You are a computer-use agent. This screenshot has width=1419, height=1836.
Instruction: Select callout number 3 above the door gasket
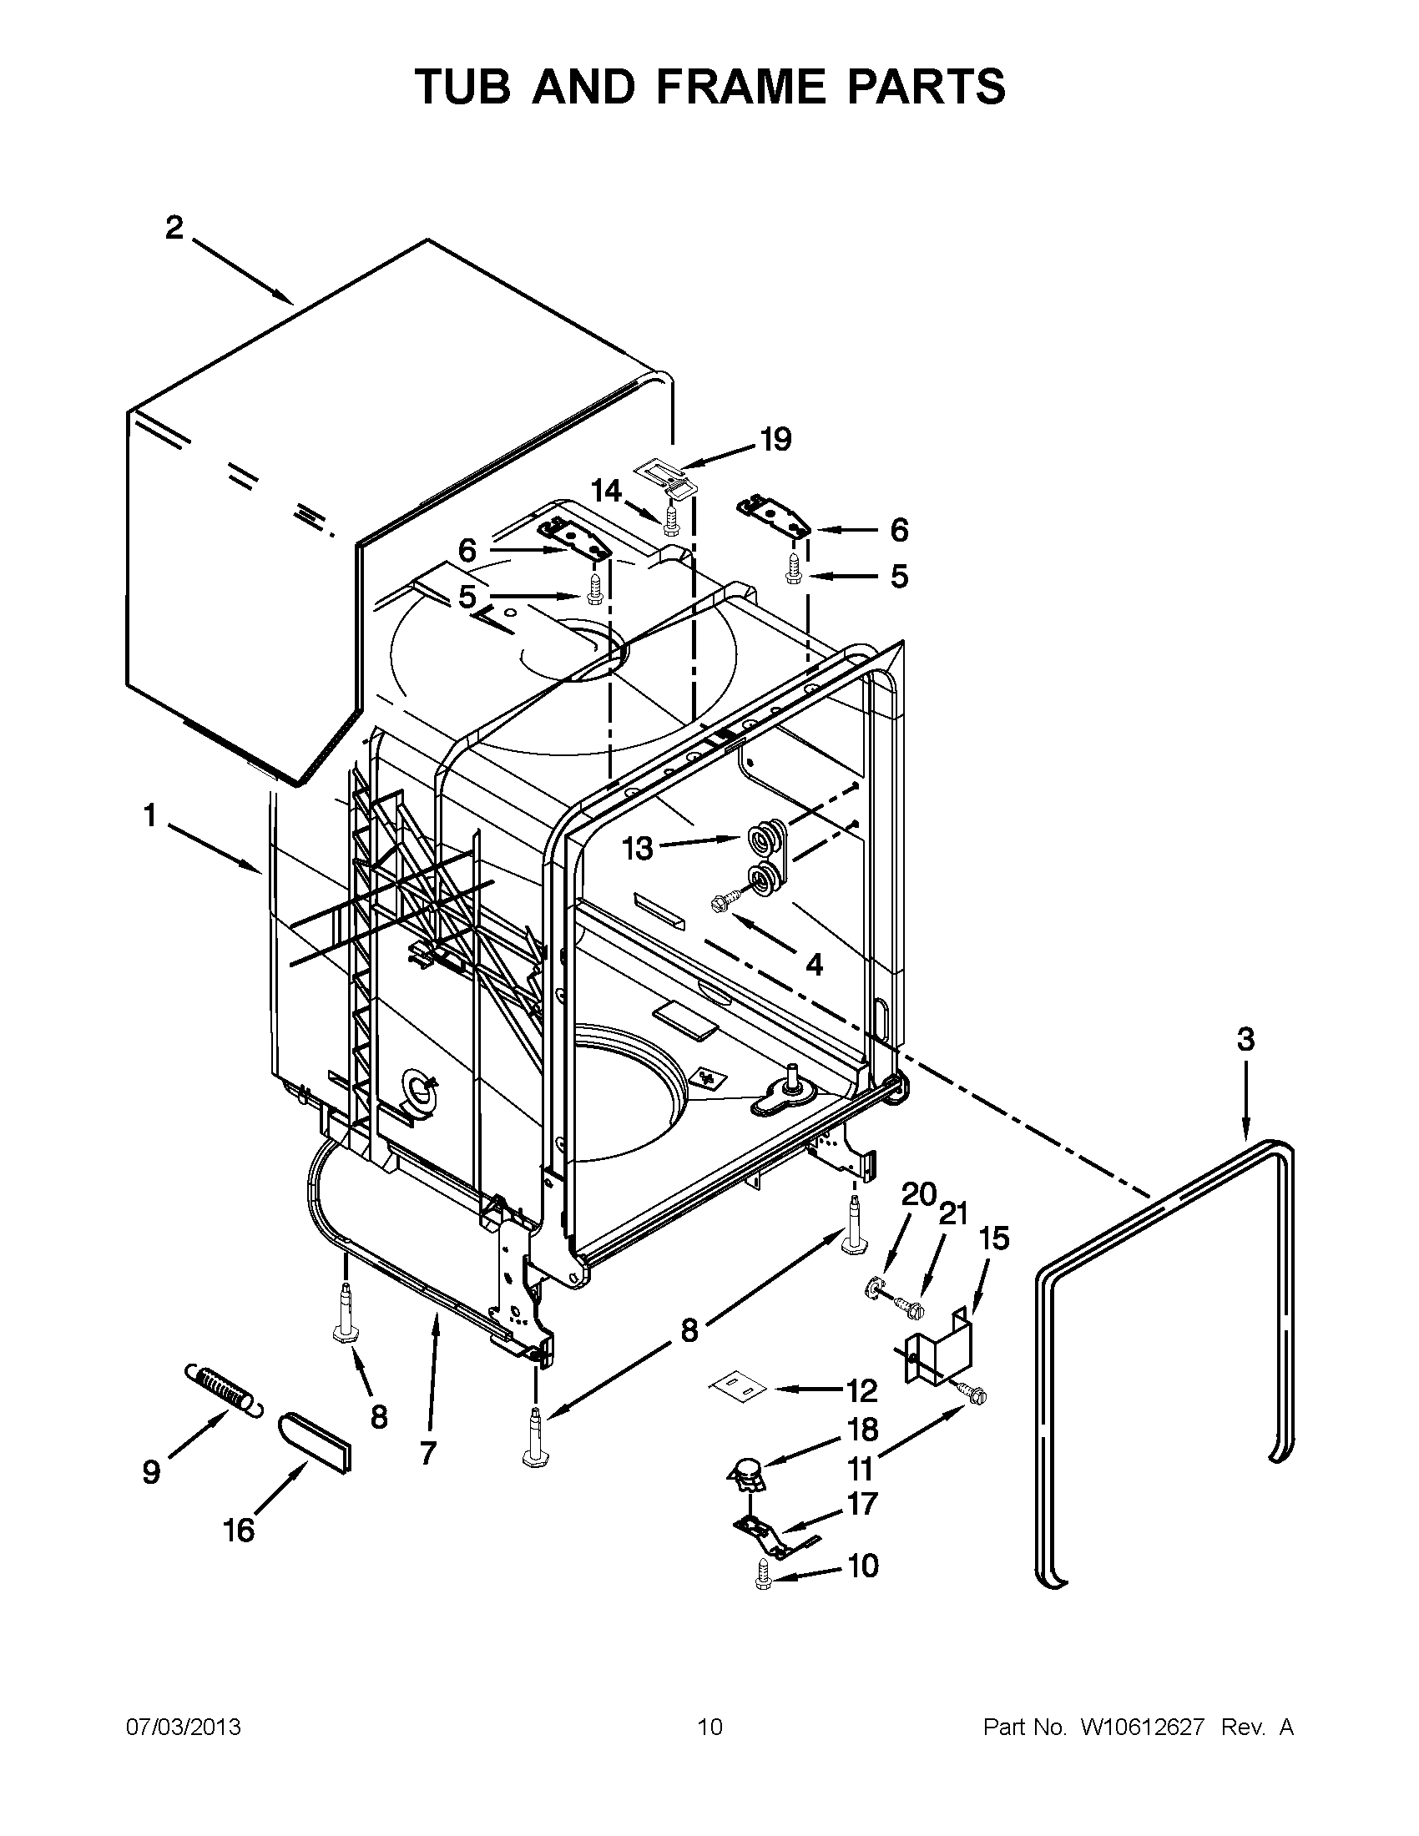[1245, 1039]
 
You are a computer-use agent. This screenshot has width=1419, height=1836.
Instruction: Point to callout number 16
[239, 1530]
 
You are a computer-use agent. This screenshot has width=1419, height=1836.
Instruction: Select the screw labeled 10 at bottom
[762, 1573]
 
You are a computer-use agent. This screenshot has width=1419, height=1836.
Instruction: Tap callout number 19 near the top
[775, 439]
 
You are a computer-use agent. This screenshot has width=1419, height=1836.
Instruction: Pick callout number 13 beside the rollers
[638, 848]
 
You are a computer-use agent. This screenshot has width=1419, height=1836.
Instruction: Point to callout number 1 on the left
[149, 815]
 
